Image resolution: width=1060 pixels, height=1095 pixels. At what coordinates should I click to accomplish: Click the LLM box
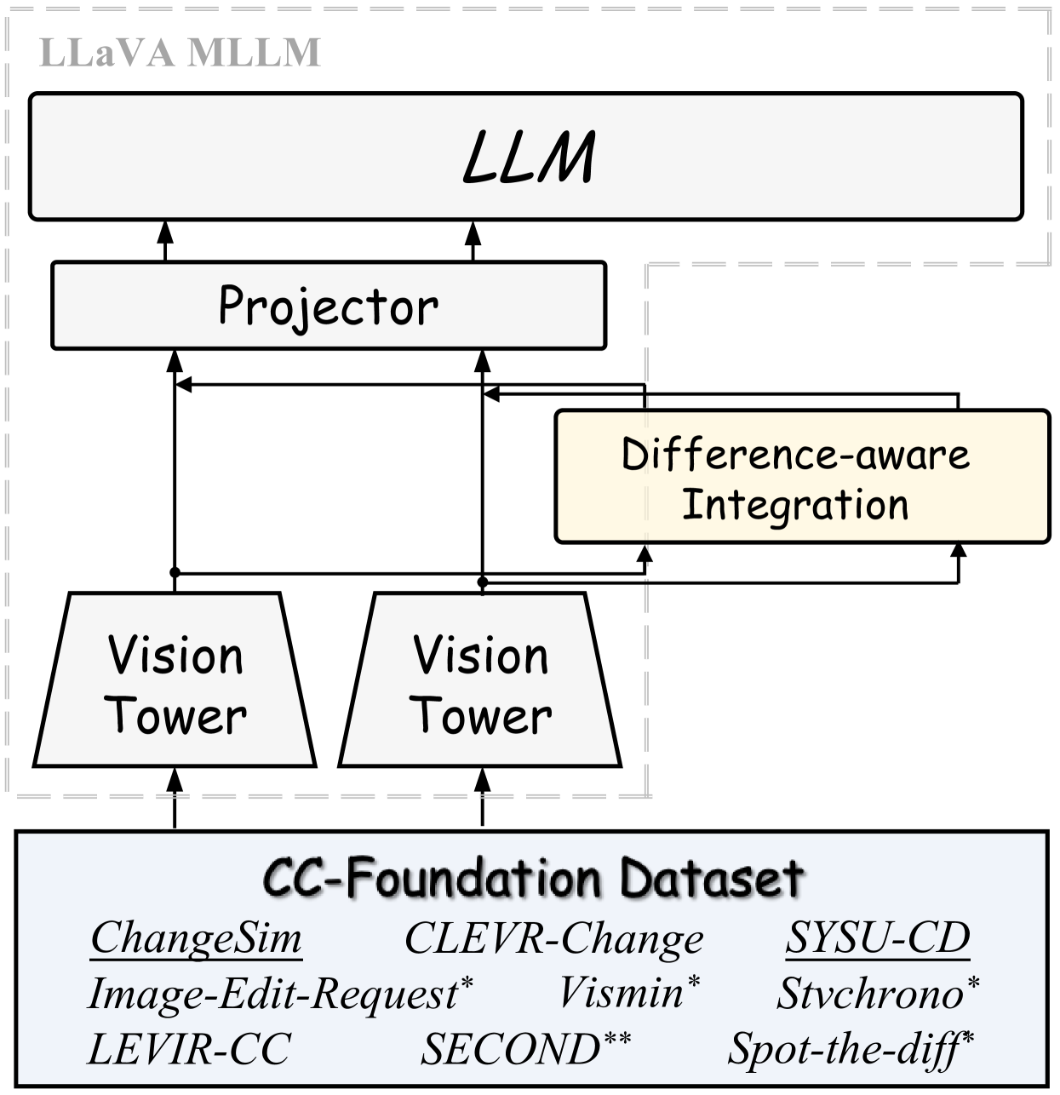click(x=526, y=157)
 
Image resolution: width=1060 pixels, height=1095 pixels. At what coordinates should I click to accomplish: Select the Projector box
click(x=329, y=306)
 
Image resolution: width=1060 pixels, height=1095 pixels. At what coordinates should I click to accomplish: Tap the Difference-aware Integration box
click(x=801, y=477)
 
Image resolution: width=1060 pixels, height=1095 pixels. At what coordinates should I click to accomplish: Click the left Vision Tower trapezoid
click(x=175, y=681)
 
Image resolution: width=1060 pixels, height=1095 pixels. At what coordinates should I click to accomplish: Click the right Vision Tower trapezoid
click(x=480, y=681)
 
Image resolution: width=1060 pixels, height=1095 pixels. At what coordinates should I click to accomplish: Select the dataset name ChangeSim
click(x=197, y=938)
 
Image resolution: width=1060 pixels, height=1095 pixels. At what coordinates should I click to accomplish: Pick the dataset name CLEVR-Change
click(x=553, y=938)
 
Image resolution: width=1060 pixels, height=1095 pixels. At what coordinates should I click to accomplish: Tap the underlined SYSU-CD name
click(x=878, y=938)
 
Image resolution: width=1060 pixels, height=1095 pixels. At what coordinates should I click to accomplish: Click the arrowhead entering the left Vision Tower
click(x=175, y=777)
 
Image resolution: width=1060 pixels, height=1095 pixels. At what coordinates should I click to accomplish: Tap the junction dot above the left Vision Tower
click(x=175, y=571)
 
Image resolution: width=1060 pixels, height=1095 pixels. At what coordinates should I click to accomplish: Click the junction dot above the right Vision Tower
click(x=482, y=582)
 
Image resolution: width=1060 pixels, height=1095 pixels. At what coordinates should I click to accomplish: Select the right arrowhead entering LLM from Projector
click(x=473, y=229)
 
